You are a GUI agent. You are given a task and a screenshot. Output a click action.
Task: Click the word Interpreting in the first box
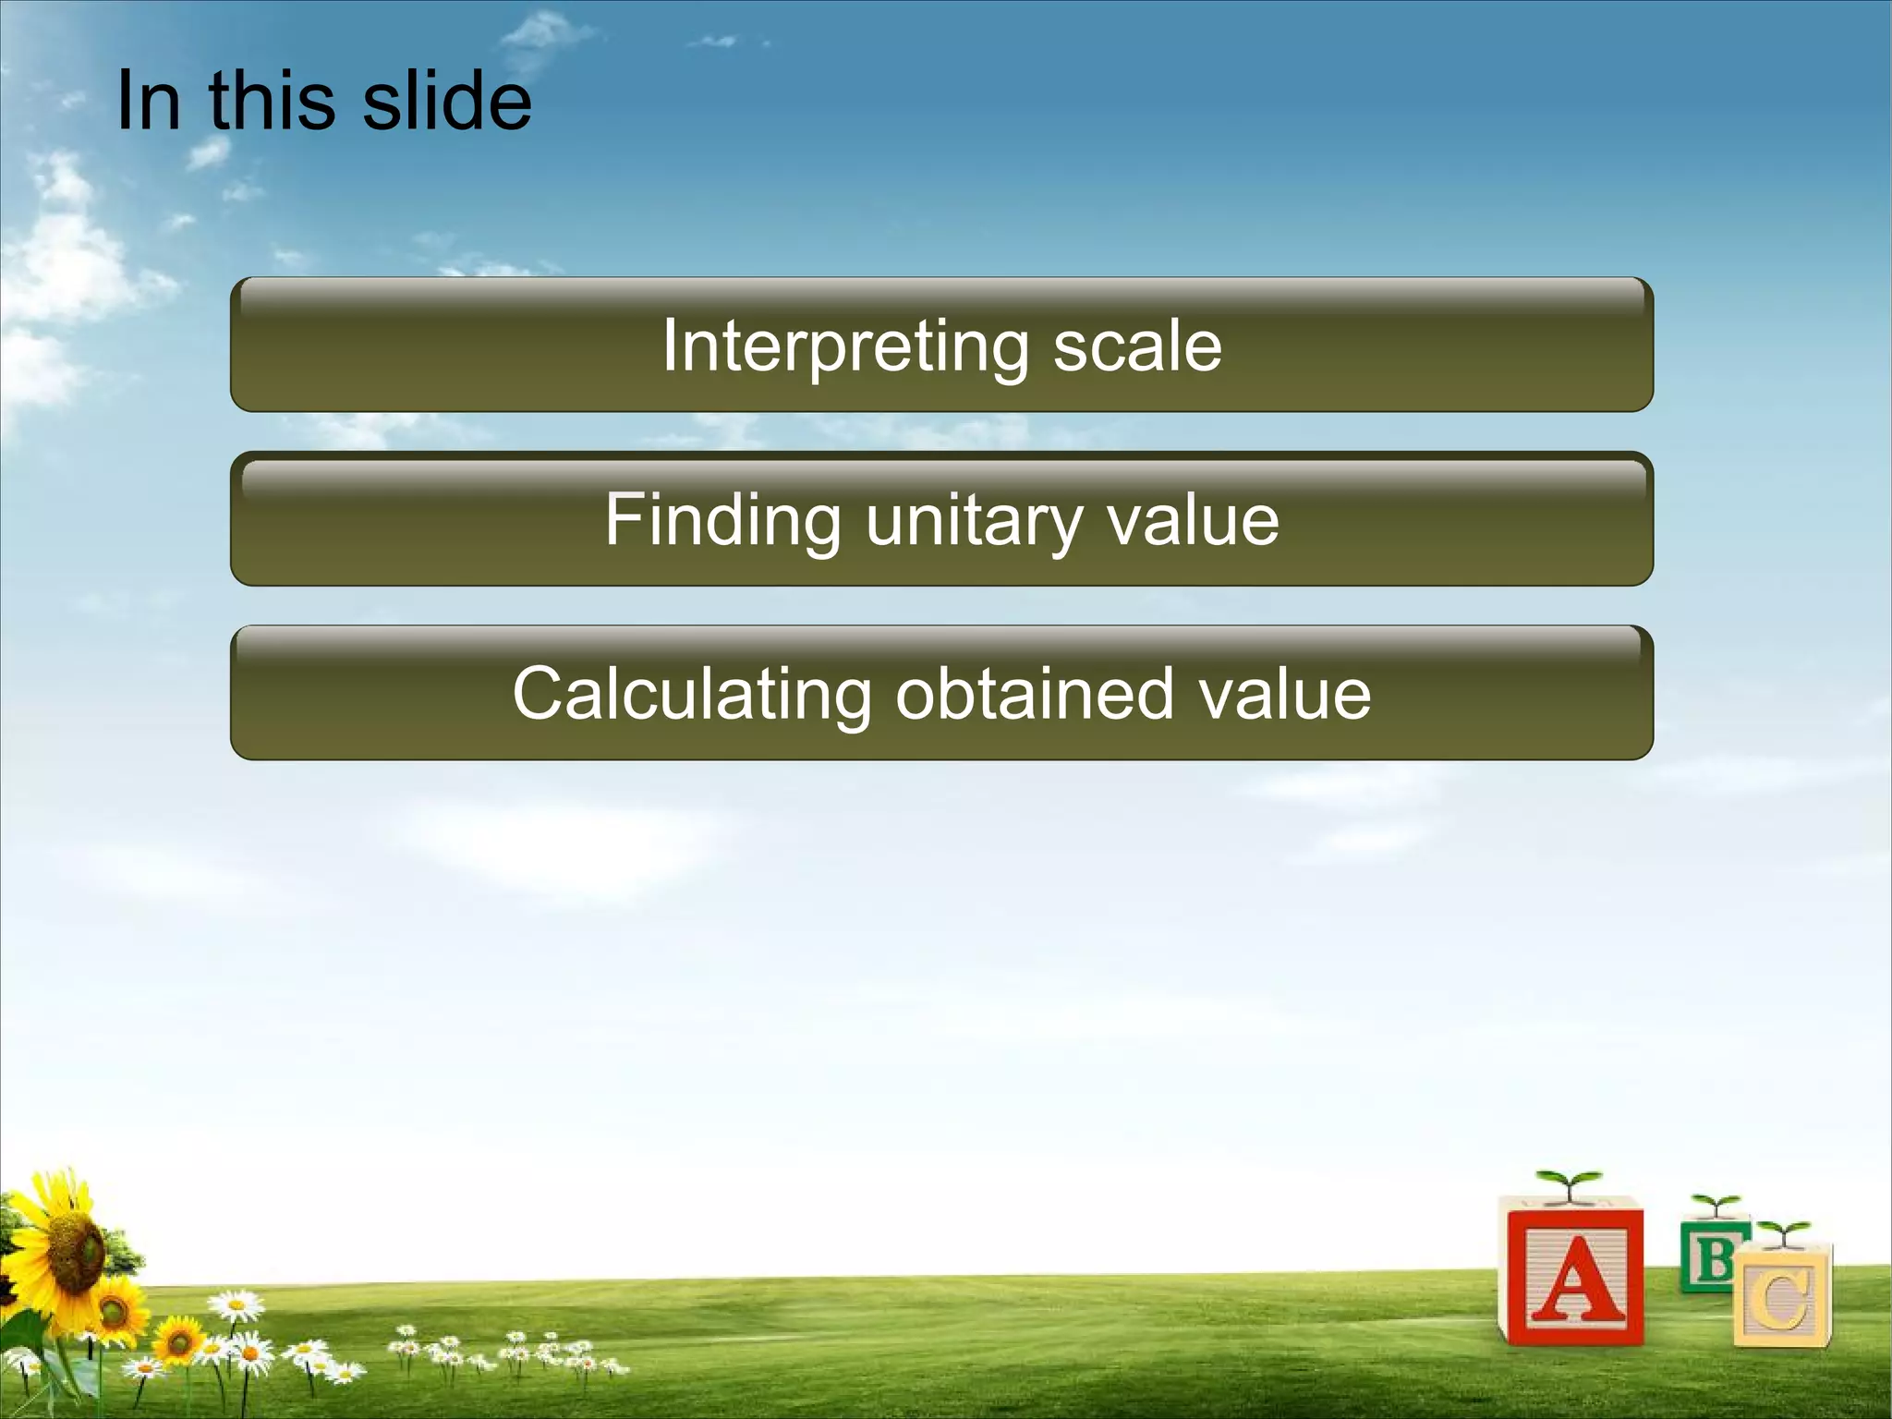tap(844, 346)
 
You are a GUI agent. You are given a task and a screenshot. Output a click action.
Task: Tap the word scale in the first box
tap(1137, 346)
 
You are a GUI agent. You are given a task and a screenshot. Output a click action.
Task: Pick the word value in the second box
tap(1193, 519)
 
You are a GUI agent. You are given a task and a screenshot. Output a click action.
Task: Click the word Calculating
tap(691, 693)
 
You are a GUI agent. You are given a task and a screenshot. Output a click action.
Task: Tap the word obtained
tap(1034, 693)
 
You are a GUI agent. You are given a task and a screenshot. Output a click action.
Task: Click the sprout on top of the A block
tap(1568, 1183)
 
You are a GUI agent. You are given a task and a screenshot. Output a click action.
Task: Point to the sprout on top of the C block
tap(1783, 1232)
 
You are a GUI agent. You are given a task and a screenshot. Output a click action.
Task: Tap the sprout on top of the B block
tap(1716, 1205)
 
